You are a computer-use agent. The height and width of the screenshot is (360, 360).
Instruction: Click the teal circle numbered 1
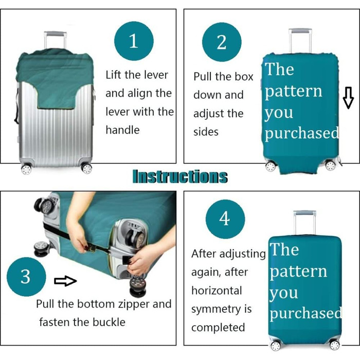click(134, 41)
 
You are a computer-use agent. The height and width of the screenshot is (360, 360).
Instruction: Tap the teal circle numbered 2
click(222, 42)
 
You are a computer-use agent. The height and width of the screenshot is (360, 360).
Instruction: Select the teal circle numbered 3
click(26, 277)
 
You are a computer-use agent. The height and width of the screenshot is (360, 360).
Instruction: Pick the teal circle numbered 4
click(225, 219)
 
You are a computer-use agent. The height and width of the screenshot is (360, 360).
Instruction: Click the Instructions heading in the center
click(180, 176)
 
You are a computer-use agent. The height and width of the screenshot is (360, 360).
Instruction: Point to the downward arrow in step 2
click(348, 98)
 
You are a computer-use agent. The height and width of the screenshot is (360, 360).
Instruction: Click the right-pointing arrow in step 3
click(65, 281)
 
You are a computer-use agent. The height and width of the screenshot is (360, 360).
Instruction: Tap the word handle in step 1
click(122, 130)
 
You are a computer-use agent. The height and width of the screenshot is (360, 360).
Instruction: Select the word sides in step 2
click(206, 132)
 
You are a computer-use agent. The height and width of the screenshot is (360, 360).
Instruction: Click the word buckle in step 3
click(109, 322)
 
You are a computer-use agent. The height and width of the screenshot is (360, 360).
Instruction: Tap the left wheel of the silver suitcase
click(26, 169)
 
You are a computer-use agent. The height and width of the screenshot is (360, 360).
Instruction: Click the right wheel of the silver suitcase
click(87, 168)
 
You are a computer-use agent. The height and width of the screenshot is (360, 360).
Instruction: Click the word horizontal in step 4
click(217, 291)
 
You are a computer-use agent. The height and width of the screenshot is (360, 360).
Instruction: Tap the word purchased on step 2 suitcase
click(302, 133)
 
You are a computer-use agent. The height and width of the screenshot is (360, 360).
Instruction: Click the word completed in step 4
click(218, 328)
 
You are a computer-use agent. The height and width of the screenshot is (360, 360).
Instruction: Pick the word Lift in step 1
click(114, 75)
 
